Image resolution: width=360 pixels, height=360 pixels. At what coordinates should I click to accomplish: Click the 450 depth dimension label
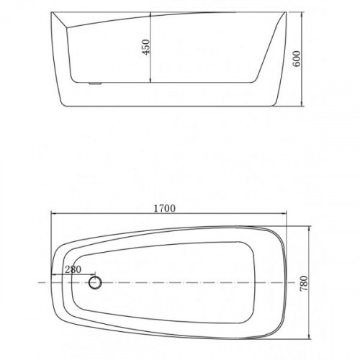point(145,47)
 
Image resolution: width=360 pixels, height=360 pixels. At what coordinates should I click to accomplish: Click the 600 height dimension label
point(297,59)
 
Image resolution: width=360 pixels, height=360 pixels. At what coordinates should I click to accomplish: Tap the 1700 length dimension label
point(164,208)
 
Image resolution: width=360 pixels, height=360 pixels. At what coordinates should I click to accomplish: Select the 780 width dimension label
point(304,284)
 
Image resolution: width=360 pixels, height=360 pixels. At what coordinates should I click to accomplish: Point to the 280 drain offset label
point(73,269)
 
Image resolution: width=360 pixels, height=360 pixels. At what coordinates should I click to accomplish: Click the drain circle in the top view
point(95,283)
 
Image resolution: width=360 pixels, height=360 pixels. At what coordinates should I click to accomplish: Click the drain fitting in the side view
point(95,84)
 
